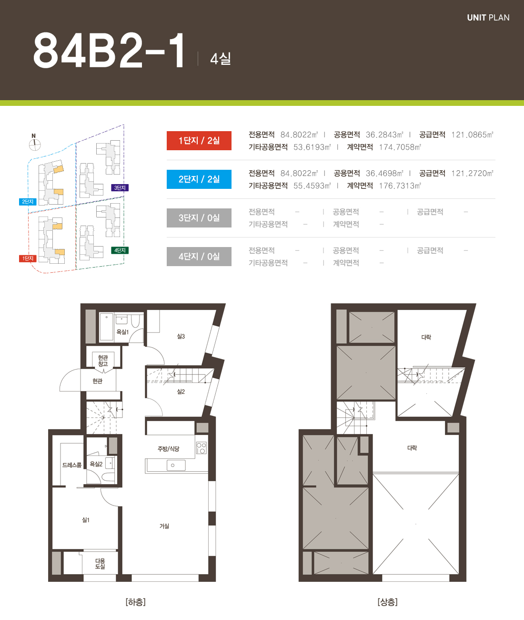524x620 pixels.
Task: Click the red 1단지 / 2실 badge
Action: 199,140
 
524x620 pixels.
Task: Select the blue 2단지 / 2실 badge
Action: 199,179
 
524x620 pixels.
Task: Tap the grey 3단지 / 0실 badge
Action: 199,218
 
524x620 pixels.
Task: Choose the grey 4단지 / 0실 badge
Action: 199,257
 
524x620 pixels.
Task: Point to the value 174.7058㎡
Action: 400,147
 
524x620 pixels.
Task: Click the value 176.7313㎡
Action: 400,186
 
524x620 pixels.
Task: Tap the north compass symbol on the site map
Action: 35,143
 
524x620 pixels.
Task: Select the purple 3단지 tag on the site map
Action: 120,188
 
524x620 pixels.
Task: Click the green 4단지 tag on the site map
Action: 120,250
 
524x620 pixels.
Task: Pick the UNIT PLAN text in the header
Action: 488,18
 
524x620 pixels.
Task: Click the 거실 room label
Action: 164,526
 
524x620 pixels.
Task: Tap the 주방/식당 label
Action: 168,449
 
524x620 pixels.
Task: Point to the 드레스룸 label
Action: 72,465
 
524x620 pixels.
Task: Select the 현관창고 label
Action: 103,361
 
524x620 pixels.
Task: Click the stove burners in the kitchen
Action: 202,448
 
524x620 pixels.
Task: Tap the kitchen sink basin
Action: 176,465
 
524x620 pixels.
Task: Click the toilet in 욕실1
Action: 135,320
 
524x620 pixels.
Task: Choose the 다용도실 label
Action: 100,563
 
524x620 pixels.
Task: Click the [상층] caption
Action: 387,602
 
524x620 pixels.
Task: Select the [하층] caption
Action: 136,602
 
